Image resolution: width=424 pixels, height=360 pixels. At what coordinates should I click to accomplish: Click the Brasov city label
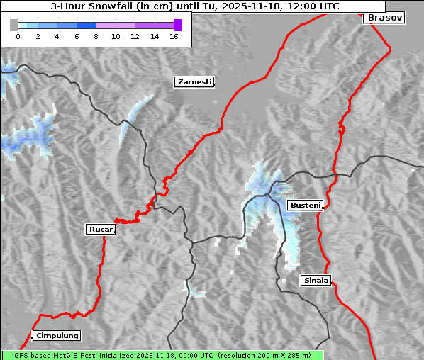[x=384, y=18]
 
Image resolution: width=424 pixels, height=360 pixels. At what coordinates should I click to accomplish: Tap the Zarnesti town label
[x=194, y=82]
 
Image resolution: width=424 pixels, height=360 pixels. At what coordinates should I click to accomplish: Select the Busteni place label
[x=305, y=206]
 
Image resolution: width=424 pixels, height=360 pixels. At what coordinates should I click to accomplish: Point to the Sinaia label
[x=316, y=280]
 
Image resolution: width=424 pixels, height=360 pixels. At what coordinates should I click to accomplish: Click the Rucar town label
[x=100, y=229]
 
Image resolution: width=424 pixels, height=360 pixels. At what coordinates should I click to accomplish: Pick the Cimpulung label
[x=57, y=335]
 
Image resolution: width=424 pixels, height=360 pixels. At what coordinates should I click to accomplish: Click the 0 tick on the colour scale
[x=18, y=36]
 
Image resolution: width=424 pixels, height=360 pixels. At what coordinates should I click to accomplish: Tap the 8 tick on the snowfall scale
[x=96, y=36]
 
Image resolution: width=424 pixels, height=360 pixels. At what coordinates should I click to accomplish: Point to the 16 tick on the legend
[x=174, y=36]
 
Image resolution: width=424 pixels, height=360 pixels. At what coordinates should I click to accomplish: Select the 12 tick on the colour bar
[x=135, y=36]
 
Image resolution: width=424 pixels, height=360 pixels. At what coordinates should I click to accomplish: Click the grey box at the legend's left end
[x=13, y=25]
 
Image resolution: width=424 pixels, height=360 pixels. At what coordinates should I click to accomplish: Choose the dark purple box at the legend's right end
[x=177, y=25]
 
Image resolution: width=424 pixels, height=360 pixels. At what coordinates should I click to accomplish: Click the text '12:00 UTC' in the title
[x=315, y=6]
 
